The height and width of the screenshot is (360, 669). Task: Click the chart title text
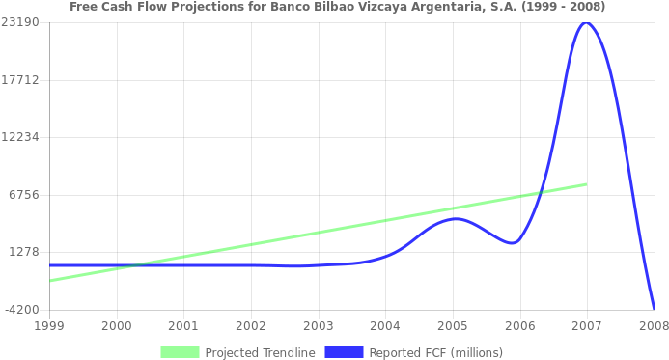pos(338,7)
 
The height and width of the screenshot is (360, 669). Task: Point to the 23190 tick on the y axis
pos(19,21)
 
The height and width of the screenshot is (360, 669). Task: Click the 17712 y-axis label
pos(19,79)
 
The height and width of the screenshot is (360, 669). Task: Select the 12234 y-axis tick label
pos(19,136)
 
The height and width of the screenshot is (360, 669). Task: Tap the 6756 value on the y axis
pos(22,194)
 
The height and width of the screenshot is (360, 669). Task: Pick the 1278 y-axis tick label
pos(22,252)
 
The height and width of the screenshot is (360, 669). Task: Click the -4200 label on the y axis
pos(19,309)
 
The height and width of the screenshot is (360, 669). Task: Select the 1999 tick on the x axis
pos(49,326)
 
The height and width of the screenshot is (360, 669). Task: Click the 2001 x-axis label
pos(183,326)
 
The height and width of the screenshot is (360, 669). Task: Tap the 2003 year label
pos(318,326)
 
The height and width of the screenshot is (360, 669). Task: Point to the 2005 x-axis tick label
pos(452,326)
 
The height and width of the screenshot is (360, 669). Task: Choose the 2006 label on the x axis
pos(519,326)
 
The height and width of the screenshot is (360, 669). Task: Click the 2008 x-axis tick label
pos(654,326)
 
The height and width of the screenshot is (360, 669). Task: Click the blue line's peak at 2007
pos(585,22)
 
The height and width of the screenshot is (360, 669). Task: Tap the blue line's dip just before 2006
pos(511,242)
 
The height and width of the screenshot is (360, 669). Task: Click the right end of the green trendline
pos(586,183)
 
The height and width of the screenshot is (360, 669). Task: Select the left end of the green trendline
pos(50,280)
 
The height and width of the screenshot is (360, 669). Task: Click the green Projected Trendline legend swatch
pos(180,352)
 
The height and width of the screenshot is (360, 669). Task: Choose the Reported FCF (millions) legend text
pos(435,352)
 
